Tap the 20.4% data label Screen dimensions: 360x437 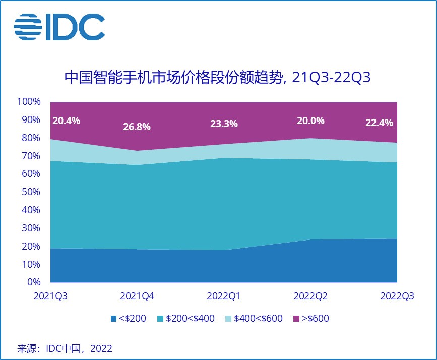pyautogui.click(x=66, y=121)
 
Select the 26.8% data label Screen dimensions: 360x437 pyautogui.click(x=137, y=127)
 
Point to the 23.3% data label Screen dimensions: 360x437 pyautogui.click(x=224, y=124)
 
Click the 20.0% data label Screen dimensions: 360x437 pyautogui.click(x=310, y=121)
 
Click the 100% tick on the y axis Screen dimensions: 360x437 pyautogui.click(x=29, y=102)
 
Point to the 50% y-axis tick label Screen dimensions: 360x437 pyautogui.click(x=31, y=192)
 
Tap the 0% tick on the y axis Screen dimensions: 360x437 pyautogui.click(x=34, y=282)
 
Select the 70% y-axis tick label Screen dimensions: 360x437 pyautogui.click(x=31, y=156)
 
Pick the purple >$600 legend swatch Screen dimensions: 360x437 pyautogui.click(x=296, y=318)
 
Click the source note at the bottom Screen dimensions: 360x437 pyautogui.click(x=65, y=348)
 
